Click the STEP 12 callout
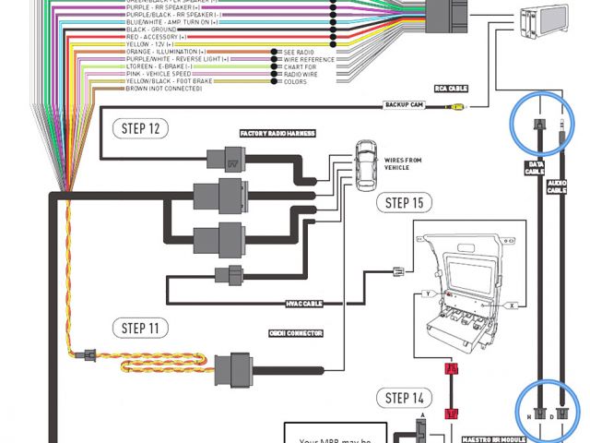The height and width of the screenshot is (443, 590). tap(140, 128)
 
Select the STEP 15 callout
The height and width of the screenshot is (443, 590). tap(405, 203)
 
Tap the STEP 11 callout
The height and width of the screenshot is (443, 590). tap(140, 328)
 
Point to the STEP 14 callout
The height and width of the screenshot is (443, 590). tap(405, 398)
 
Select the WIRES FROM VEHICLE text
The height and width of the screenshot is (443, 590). tap(405, 164)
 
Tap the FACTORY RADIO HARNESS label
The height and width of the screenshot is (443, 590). tap(277, 134)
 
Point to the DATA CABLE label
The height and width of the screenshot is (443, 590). tap(536, 169)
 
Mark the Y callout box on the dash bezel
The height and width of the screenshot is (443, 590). tap(427, 293)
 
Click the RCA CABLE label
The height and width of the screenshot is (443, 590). tap(450, 90)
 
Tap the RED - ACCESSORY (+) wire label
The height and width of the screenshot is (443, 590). tap(157, 36)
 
